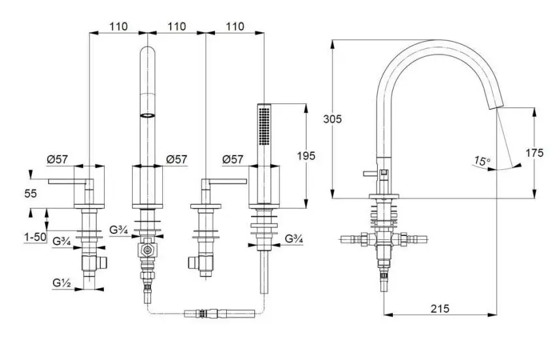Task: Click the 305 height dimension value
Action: click(332, 120)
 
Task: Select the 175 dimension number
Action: click(534, 153)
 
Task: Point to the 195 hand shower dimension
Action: click(306, 156)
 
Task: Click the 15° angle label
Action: click(482, 161)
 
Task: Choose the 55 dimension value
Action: click(31, 193)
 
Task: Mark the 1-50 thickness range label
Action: click(35, 237)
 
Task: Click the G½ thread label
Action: click(61, 283)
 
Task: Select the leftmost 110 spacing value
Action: click(118, 26)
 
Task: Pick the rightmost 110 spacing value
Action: click(235, 26)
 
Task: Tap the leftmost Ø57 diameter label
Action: click(57, 159)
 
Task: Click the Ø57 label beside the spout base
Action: click(177, 159)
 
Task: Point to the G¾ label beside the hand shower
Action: click(294, 239)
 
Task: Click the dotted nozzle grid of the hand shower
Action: click(264, 126)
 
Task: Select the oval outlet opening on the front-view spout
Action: click(148, 115)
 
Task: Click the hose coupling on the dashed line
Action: click(220, 314)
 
